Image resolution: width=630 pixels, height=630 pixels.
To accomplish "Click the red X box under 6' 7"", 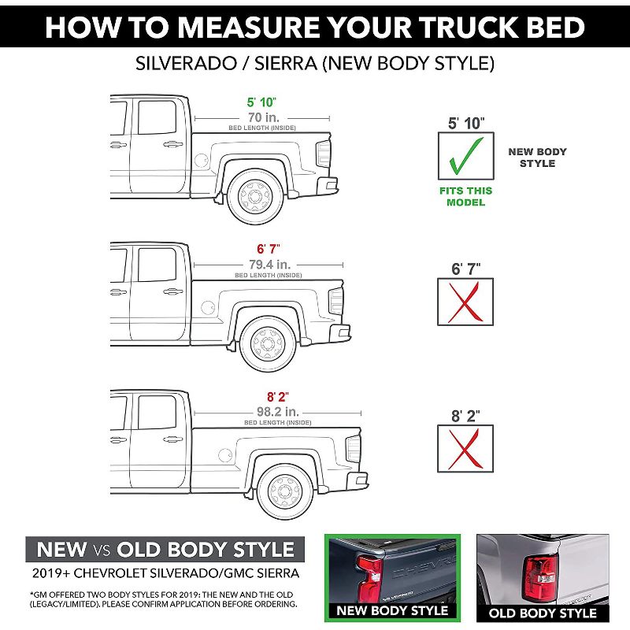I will pos(465,301).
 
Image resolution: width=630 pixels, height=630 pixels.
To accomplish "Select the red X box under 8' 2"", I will pos(465,448).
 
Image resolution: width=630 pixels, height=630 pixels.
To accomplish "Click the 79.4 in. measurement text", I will pos(268,261).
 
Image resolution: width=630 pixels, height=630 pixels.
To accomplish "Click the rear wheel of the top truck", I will pos(254,195).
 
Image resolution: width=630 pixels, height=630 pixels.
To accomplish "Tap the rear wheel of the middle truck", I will pos(268,342).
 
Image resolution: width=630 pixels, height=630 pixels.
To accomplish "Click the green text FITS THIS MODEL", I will pos(465,196).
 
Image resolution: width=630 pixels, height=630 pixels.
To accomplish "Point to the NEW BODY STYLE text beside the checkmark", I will pos(537,157).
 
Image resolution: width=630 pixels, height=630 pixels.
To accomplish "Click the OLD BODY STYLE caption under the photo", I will pos(543,613).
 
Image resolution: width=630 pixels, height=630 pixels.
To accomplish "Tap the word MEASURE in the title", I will pos(263,27).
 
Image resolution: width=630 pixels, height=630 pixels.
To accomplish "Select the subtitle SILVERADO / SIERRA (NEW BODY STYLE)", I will pos(315,61).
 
